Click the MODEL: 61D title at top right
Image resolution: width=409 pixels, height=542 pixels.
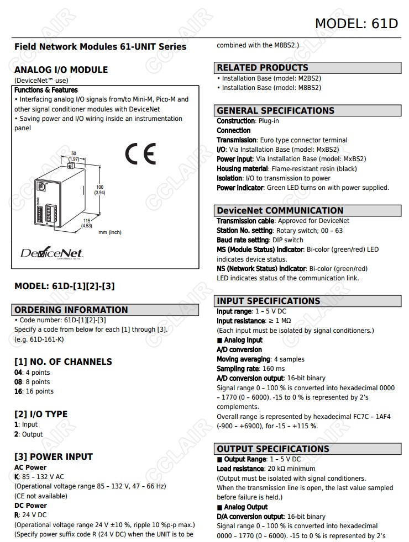click(356, 23)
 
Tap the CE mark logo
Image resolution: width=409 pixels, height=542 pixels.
click(140, 154)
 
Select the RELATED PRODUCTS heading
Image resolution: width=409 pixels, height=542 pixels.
click(263, 68)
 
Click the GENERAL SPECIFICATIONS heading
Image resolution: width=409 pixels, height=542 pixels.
click(275, 110)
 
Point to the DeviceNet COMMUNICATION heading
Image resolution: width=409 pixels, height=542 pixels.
click(280, 210)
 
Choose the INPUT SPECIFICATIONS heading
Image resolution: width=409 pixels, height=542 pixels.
click(268, 301)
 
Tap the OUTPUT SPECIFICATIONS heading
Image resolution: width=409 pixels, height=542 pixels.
click(272, 449)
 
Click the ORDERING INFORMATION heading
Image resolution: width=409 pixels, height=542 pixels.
click(71, 310)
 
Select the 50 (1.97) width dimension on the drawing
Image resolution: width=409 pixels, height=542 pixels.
click(74, 156)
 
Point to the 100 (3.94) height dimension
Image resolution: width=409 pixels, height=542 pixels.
click(100, 190)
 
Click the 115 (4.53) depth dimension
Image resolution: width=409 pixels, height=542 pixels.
click(86, 223)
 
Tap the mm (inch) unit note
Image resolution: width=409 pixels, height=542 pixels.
click(110, 232)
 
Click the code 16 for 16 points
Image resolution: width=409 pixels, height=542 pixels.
click(18, 391)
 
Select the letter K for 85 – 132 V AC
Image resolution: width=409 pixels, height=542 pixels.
click(17, 477)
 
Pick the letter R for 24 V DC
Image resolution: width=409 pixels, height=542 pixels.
click(17, 515)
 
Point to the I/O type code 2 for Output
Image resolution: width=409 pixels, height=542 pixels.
click(16, 434)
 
